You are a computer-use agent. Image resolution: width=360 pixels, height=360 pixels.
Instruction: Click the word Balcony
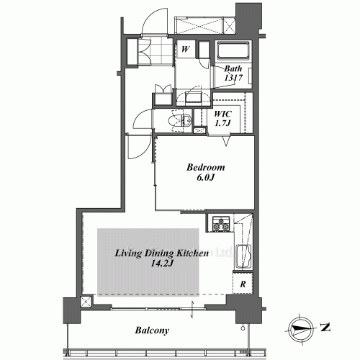[x=151, y=331]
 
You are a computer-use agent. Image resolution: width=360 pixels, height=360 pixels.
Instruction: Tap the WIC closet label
[x=222, y=113]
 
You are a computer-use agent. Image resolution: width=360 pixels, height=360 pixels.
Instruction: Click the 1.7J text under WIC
[x=222, y=124]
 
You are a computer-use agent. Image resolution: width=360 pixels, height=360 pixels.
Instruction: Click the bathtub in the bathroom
[x=233, y=52]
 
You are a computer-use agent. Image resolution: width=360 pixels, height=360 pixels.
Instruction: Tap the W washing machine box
[x=185, y=50]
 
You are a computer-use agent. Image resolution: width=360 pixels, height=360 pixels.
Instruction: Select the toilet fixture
[x=176, y=121]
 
